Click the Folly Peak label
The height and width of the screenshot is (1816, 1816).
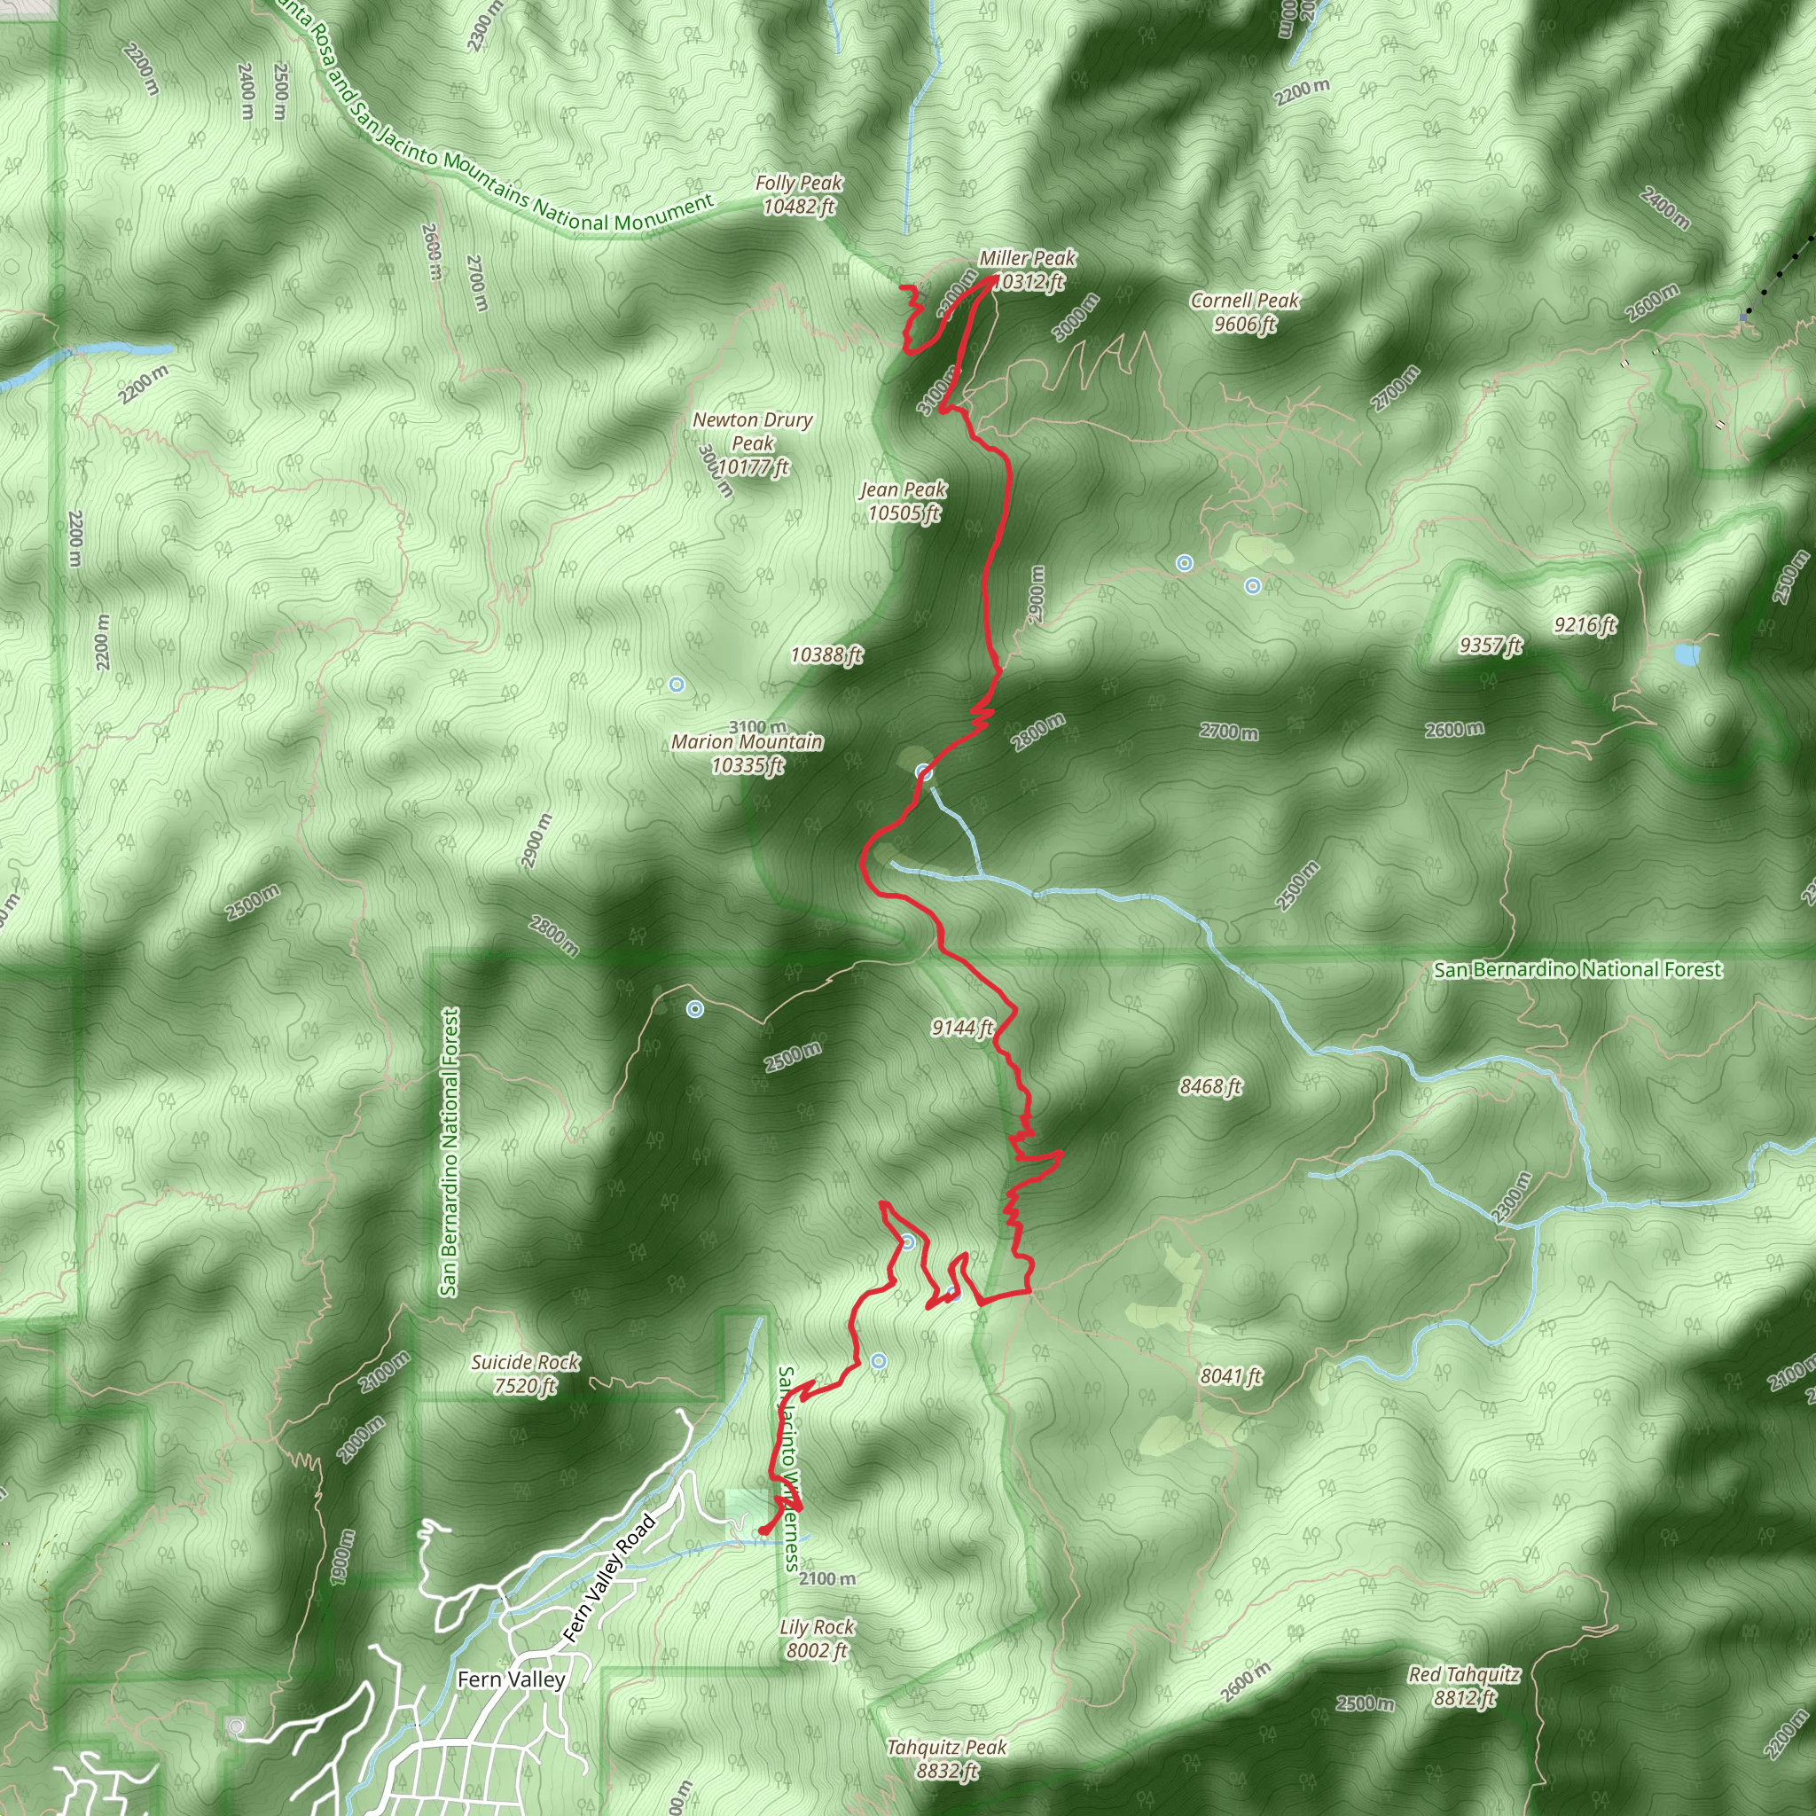tap(798, 194)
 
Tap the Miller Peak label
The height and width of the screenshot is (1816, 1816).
tap(1027, 269)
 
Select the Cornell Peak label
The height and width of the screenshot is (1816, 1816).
tap(1243, 312)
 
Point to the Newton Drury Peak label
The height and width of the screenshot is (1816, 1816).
tap(752, 442)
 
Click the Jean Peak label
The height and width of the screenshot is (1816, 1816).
tap(904, 500)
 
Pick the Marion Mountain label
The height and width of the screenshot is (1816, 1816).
tap(748, 753)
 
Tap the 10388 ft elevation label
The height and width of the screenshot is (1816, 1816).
tap(826, 654)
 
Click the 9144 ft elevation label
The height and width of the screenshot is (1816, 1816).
tap(962, 1028)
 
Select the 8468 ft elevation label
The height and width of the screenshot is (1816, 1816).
tap(1210, 1086)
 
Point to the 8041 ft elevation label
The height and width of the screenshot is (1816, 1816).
tap(1232, 1376)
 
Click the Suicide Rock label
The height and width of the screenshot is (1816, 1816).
tap(526, 1374)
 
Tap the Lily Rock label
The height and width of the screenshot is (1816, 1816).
tap(817, 1639)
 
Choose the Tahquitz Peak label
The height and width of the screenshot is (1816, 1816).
tap(946, 1758)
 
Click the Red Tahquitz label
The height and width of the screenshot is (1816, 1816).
tap(1463, 1686)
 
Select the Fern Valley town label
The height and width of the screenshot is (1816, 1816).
tap(512, 1679)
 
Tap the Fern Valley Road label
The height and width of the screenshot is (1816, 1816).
tap(608, 1578)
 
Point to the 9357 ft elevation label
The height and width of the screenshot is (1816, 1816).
tap(1491, 645)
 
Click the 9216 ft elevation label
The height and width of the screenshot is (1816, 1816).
tap(1585, 625)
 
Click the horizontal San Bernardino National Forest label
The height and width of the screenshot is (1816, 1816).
tap(1577, 969)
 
